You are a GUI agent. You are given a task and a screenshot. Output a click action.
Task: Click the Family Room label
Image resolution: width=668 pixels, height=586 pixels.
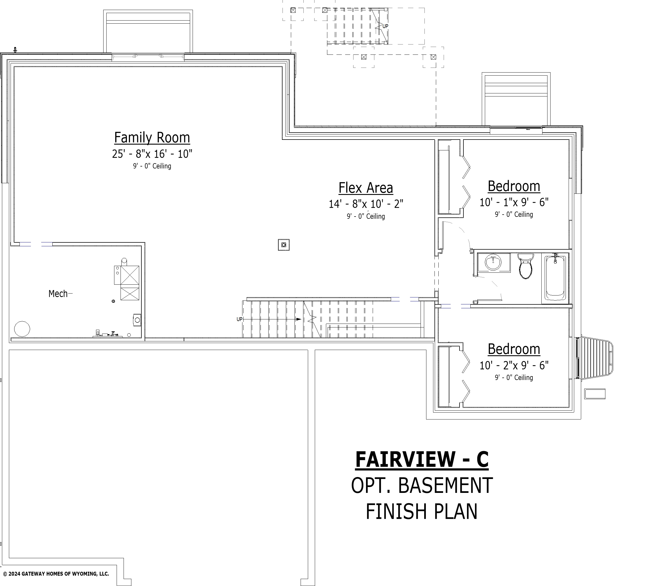click(152, 138)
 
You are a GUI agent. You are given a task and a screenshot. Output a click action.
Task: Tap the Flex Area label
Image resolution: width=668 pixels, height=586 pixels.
click(366, 188)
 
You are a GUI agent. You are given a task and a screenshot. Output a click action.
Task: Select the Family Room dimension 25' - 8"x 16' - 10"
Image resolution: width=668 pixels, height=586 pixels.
click(152, 154)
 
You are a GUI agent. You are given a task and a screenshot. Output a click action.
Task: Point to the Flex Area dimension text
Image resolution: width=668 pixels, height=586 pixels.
click(366, 204)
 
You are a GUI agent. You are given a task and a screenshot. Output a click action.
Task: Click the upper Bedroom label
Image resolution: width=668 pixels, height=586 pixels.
click(514, 187)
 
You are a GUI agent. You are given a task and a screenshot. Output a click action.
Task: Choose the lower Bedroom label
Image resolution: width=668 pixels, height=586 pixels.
click(514, 349)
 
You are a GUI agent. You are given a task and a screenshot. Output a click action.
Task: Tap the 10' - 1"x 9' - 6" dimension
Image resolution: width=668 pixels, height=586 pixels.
click(514, 202)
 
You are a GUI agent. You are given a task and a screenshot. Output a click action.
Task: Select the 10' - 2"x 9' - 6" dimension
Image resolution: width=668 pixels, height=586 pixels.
click(514, 365)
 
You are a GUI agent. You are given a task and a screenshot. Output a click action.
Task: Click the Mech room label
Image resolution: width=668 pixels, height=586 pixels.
click(58, 294)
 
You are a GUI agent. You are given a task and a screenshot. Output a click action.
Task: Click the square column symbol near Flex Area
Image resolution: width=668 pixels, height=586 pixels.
click(284, 245)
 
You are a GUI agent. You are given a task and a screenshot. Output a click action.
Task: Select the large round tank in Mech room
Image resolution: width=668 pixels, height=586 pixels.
click(22, 329)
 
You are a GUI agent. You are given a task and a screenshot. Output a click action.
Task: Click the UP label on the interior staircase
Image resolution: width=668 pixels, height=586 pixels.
click(240, 319)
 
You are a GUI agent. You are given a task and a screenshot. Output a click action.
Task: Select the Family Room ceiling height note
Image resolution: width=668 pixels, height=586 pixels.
click(152, 166)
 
